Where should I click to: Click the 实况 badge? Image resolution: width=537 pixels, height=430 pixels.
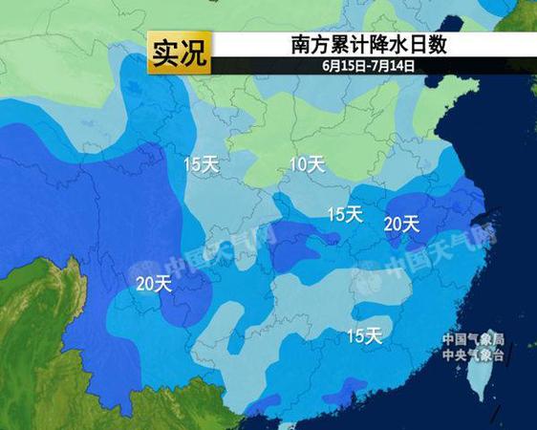pos(179,53)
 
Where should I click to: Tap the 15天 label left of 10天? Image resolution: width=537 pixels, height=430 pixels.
pos(202,164)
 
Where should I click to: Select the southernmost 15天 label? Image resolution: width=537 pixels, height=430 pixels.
pos(364,335)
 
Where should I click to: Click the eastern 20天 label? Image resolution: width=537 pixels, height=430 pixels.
pos(401,224)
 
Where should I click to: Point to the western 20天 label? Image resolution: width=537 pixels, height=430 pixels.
pos(154,283)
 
